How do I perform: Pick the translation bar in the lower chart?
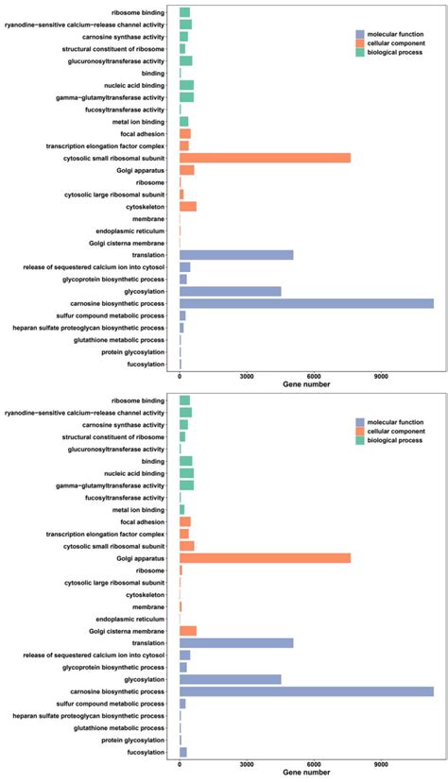pos(236,642)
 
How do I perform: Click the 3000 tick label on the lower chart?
pos(247,763)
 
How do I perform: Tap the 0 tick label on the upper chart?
pos(180,375)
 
